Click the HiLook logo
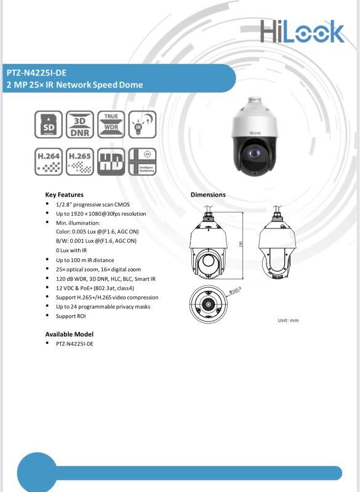pos(302,31)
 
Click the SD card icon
pos(47,125)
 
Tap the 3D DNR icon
pos(79,125)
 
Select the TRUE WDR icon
pos(111,125)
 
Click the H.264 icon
pos(47,162)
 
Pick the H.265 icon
pos(79,162)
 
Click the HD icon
pos(111,162)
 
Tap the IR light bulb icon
pos(142,125)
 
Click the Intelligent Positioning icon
pos(142,162)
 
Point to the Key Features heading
pos(64,194)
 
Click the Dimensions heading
pos(208,194)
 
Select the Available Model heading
pos(69,333)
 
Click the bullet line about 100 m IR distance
pos(85,260)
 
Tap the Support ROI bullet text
pos(71,315)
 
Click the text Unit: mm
pos(288,320)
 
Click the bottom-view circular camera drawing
pos(209,304)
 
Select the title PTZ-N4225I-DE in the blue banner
pos(36,72)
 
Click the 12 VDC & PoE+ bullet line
pos(95,288)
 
